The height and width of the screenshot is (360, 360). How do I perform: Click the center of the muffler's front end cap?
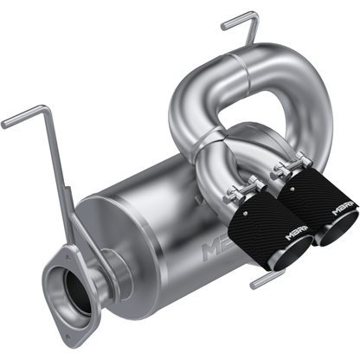112,238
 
